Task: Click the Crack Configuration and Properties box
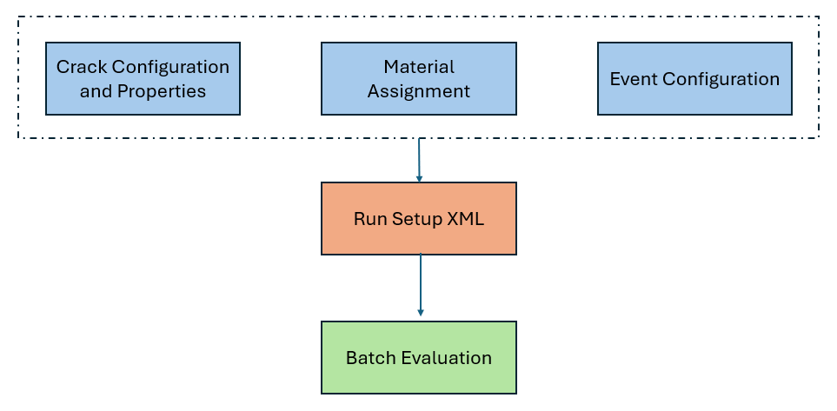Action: pos(143,78)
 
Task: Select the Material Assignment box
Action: pos(419,78)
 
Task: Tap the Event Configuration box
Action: pos(694,78)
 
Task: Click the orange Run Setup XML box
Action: pos(419,218)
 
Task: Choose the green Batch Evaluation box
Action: pos(419,358)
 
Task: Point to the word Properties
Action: pos(162,91)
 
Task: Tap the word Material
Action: pos(419,67)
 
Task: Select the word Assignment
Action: pos(419,91)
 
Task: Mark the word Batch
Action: pos(371,358)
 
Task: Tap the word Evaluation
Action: pos(446,358)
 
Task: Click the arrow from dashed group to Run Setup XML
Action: pos(419,160)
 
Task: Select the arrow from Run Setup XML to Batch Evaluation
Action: pos(420,284)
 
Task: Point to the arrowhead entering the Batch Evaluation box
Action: pos(420,313)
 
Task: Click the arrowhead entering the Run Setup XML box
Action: pos(419,179)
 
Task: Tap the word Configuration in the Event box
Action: pos(721,80)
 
